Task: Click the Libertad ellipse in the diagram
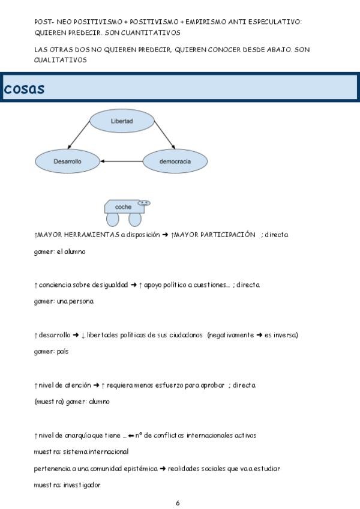tap(122, 121)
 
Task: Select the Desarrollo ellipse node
tap(67, 161)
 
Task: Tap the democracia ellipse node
tap(175, 161)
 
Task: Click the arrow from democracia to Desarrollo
tap(121, 161)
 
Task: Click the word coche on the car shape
tap(123, 207)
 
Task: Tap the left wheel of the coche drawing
tap(112, 218)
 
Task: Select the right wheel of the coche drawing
tap(134, 218)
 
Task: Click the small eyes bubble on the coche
tap(144, 203)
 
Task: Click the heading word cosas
tap(24, 88)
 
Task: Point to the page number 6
tap(178, 503)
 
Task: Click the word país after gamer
tap(61, 351)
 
